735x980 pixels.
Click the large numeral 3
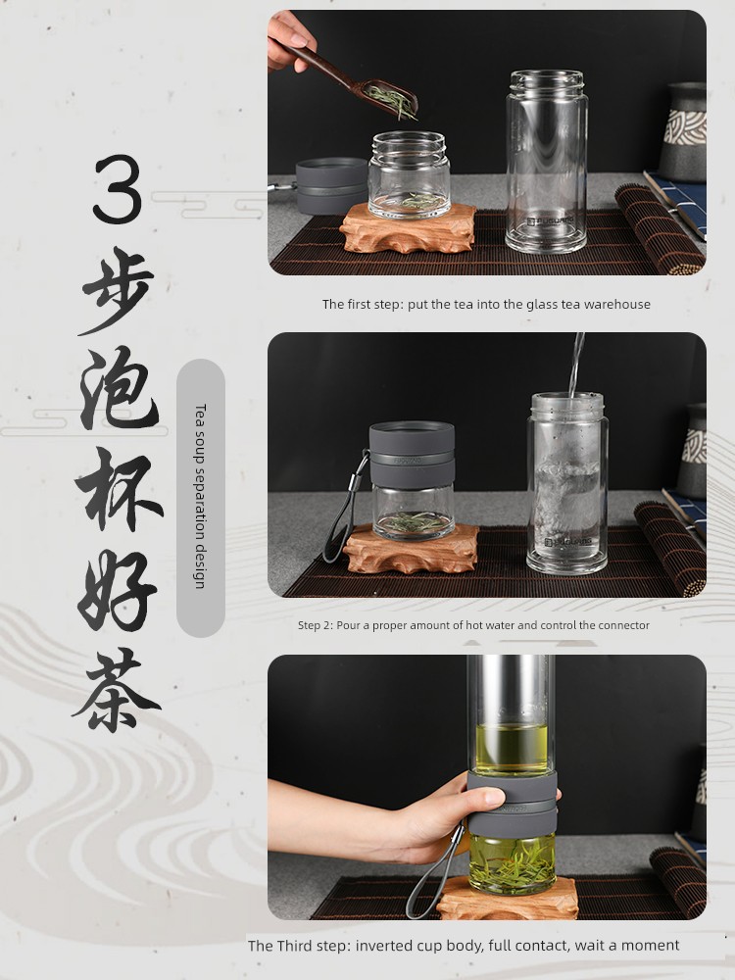[118, 189]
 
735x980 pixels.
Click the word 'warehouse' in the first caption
[617, 304]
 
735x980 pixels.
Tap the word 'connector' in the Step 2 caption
[621, 625]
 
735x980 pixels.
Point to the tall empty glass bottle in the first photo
[547, 162]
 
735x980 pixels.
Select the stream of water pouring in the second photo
[576, 363]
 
